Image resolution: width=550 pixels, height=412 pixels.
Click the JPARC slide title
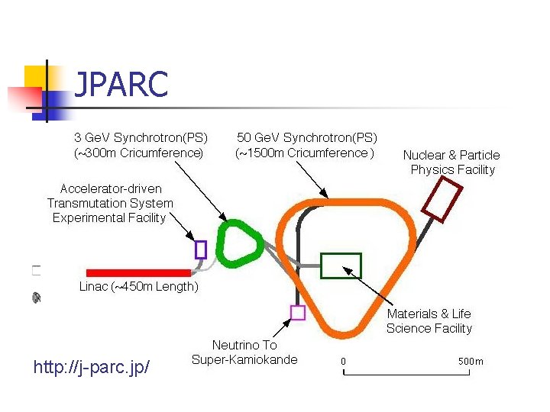point(121,85)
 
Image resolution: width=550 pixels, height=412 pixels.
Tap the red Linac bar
point(138,272)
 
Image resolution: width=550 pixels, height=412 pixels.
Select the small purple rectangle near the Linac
point(201,249)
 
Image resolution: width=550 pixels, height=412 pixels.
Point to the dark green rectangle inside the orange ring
point(341,265)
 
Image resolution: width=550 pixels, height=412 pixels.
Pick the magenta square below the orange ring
point(298,312)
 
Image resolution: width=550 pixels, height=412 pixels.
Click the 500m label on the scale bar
point(471,361)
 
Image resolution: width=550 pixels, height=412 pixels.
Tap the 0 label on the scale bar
point(343,361)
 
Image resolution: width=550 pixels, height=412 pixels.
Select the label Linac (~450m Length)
point(138,287)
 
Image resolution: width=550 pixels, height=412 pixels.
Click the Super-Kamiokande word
point(244,359)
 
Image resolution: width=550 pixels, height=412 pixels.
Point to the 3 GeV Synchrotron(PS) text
point(141,137)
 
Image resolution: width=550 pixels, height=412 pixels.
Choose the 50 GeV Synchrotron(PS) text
point(307,137)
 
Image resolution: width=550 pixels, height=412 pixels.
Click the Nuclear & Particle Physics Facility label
point(452,162)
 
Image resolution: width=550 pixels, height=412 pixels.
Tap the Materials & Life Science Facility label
point(429,321)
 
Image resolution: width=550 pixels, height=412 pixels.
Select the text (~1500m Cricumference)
point(305,153)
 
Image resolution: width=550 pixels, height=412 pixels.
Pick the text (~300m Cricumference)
point(139,153)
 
